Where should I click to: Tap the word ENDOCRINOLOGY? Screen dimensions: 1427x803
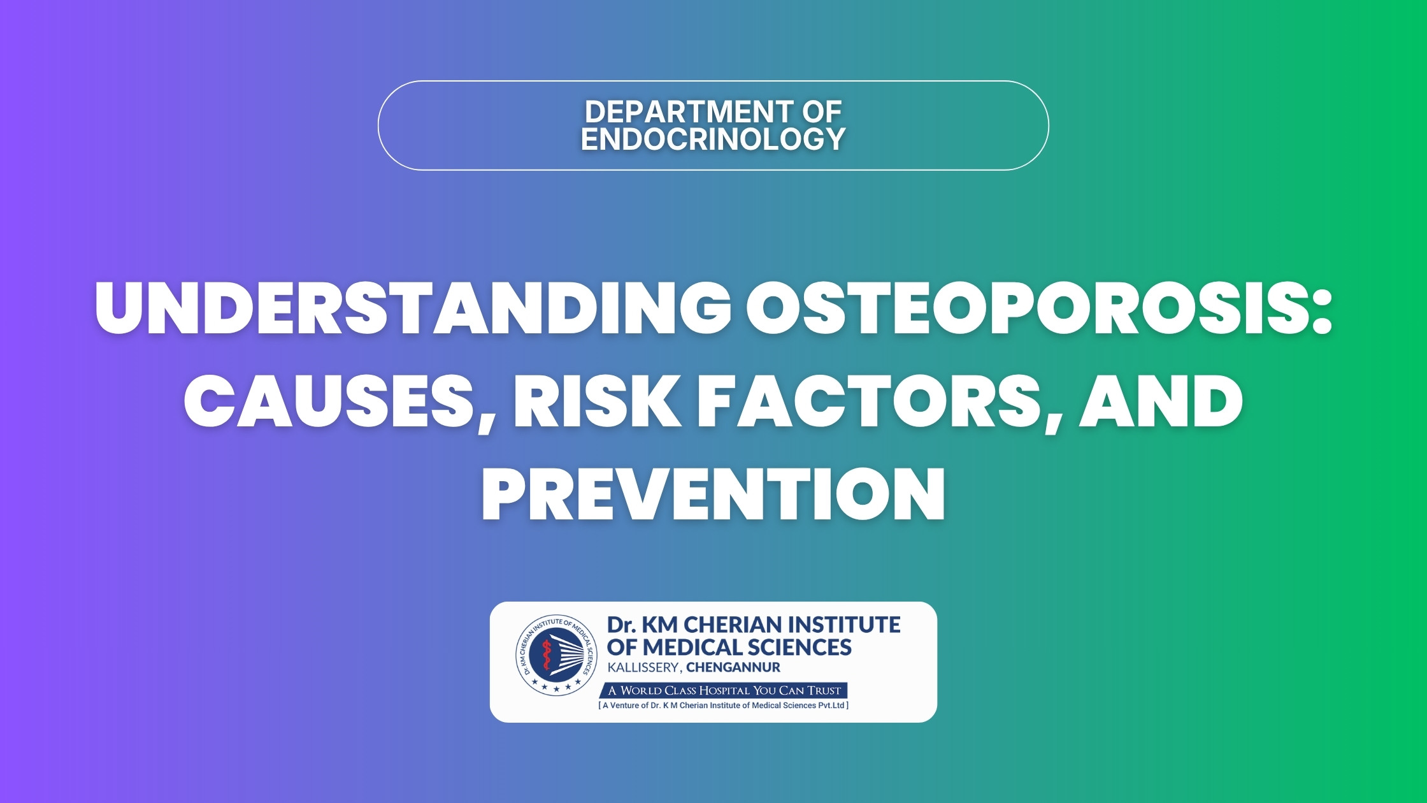713,139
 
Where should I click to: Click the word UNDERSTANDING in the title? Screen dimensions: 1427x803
413,307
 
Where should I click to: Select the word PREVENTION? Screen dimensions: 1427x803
713,494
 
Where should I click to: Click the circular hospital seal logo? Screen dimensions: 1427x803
557,655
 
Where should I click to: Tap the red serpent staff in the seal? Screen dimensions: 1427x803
546,654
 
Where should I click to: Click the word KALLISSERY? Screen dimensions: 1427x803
643,668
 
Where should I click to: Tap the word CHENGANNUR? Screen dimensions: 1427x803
733,668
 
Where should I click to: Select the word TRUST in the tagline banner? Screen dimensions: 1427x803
823,690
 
